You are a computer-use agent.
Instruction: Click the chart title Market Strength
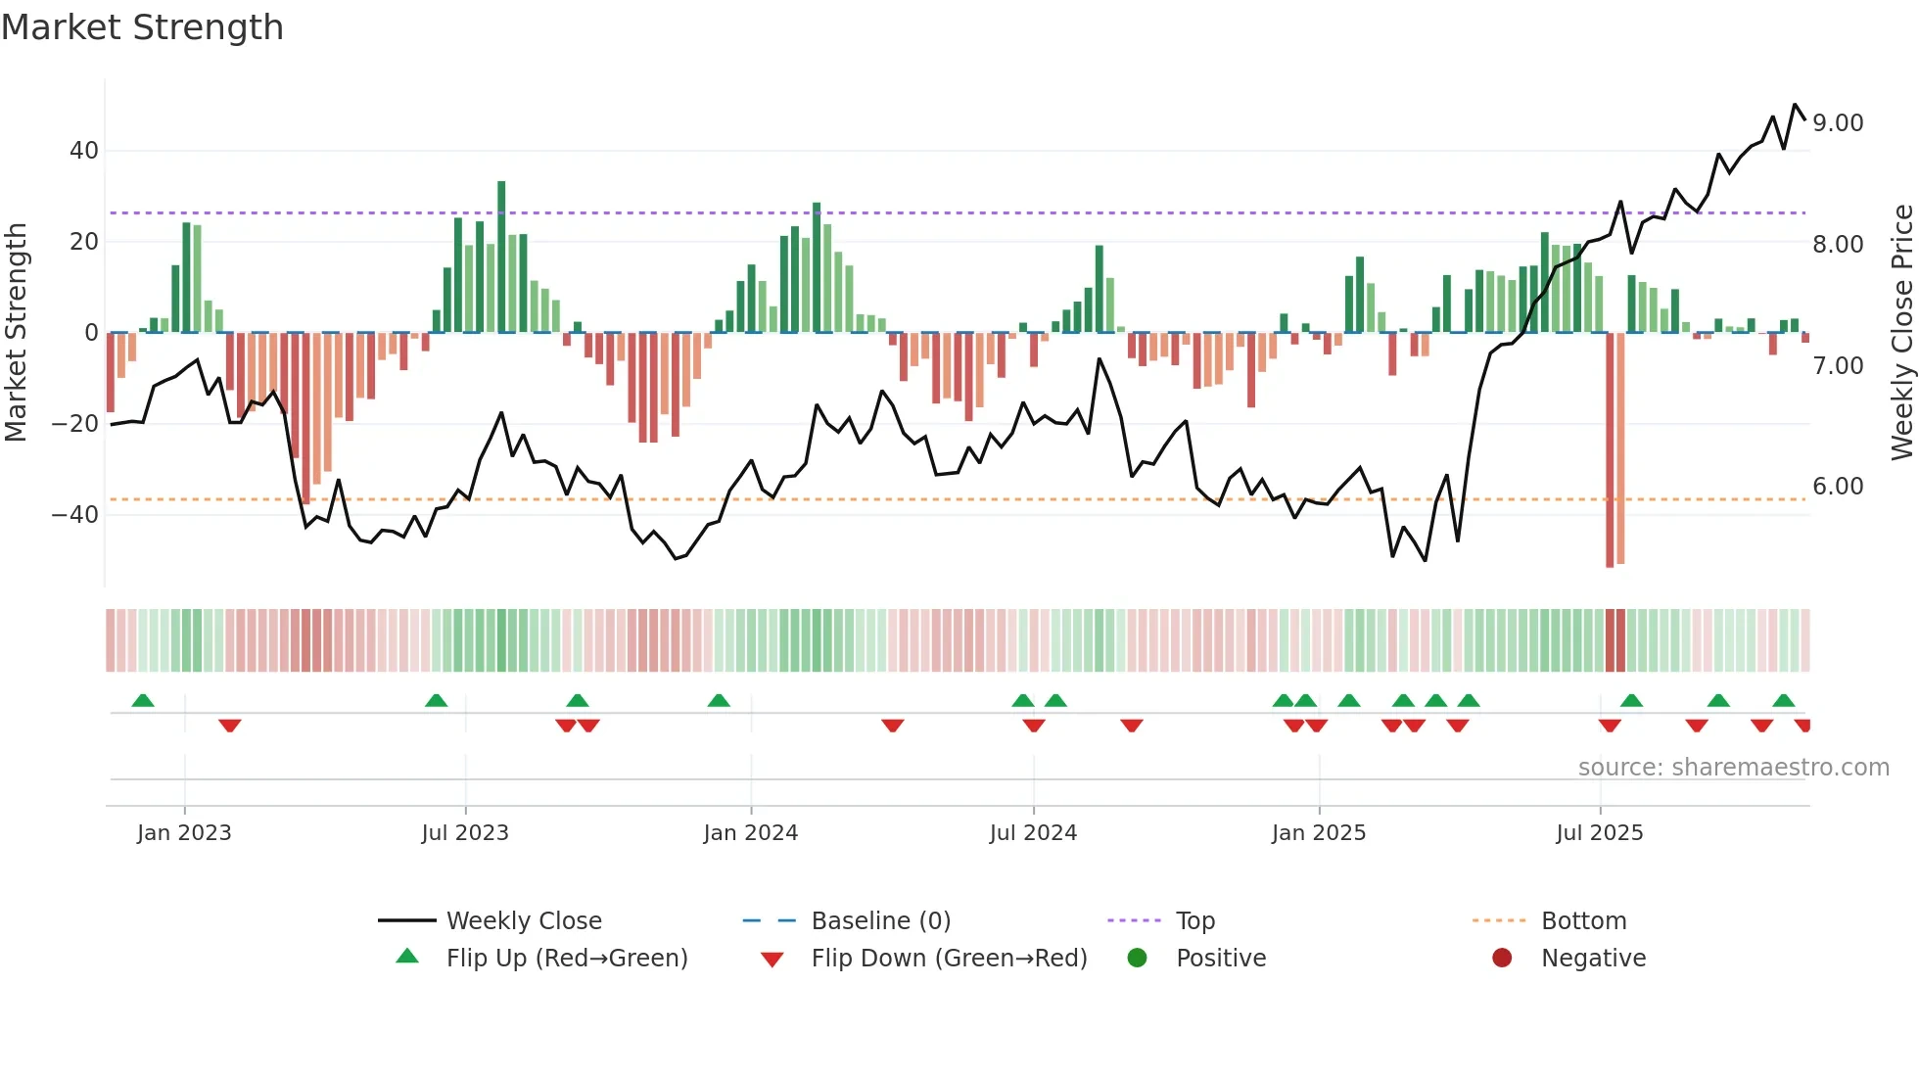tap(142, 27)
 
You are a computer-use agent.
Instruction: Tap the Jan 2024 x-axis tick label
tap(750, 833)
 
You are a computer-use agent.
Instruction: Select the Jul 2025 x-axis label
tap(1599, 833)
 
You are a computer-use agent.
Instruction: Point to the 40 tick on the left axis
tap(84, 151)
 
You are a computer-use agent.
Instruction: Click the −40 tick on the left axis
tap(75, 515)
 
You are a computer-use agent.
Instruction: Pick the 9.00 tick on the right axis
tap(1838, 123)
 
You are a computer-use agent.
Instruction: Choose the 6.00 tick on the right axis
tap(1838, 487)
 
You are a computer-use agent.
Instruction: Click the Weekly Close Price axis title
tap(1901, 332)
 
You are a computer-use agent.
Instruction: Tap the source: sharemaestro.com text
tap(1733, 768)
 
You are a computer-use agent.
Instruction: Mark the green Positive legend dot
tap(1137, 958)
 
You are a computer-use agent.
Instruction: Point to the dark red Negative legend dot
tap(1502, 958)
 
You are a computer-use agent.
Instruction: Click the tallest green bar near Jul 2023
tap(501, 257)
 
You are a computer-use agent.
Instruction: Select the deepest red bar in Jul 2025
tap(1610, 450)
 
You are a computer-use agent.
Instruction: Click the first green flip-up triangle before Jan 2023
tap(143, 700)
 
